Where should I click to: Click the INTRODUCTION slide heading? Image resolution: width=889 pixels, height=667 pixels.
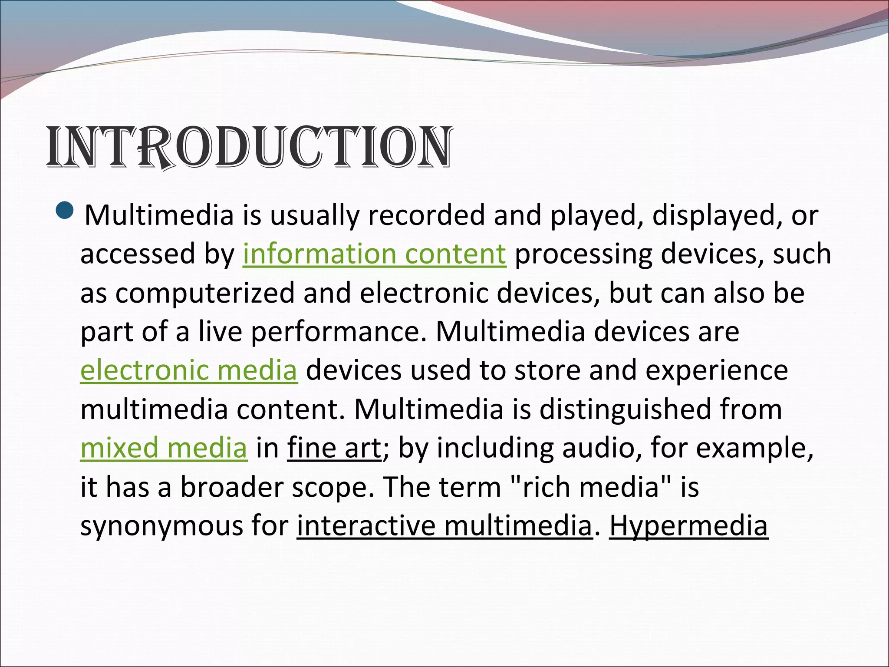coord(250,148)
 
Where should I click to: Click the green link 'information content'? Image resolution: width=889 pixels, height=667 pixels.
coord(374,254)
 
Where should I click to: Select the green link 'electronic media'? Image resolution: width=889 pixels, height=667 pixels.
coord(189,370)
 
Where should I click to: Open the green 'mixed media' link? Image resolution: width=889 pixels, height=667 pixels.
coord(164,448)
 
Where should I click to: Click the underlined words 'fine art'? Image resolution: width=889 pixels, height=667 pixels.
coord(334,448)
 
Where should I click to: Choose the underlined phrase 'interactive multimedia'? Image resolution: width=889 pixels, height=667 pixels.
coord(444,526)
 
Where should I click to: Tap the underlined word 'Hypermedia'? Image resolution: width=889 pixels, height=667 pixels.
coord(688,526)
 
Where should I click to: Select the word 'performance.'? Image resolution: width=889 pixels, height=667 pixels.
coord(339,332)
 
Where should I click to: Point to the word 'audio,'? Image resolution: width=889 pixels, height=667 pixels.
coord(601,448)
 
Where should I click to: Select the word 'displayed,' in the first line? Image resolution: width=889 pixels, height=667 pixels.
coord(717,215)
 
